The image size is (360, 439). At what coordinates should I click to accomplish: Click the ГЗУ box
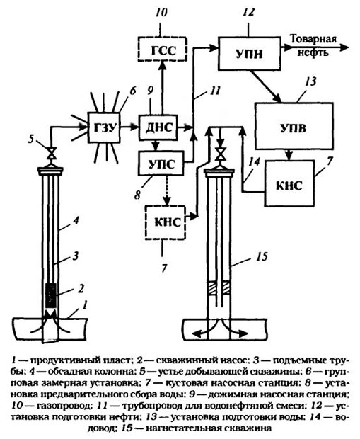click(x=104, y=127)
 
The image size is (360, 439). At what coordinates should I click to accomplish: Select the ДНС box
click(x=158, y=127)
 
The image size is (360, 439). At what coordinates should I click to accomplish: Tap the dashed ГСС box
click(x=162, y=49)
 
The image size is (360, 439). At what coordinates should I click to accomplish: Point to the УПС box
click(x=161, y=164)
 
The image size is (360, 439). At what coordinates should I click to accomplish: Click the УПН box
click(x=249, y=52)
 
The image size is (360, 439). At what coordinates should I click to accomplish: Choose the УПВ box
click(x=294, y=126)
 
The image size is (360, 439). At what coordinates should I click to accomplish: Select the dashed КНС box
click(x=166, y=222)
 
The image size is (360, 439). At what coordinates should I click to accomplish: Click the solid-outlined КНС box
click(x=289, y=183)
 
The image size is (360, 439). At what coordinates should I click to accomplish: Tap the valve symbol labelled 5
click(x=51, y=152)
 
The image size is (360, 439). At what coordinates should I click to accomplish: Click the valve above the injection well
click(x=221, y=154)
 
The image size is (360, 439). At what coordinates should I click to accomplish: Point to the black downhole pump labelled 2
click(x=51, y=295)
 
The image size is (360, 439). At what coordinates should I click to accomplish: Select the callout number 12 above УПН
click(x=249, y=12)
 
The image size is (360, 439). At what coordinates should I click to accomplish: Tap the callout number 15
click(x=261, y=256)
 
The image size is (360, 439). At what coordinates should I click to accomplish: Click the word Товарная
click(x=313, y=39)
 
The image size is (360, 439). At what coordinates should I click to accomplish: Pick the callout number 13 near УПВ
click(x=310, y=81)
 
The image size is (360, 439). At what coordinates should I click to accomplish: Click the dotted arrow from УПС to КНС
click(x=167, y=190)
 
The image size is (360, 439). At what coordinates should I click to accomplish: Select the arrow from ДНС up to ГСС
click(x=161, y=88)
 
